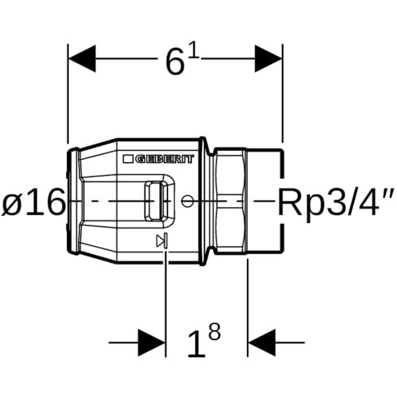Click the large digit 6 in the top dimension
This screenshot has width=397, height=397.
pyautogui.click(x=175, y=62)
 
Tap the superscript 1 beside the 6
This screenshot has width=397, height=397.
pyautogui.click(x=195, y=54)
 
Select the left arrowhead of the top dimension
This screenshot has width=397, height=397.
pyautogui.click(x=82, y=59)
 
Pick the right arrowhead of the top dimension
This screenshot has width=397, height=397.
pyautogui.click(x=268, y=59)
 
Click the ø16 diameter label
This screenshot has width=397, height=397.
pyautogui.click(x=33, y=202)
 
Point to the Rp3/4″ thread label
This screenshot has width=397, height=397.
pyautogui.click(x=337, y=202)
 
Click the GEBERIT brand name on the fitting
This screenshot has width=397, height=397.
pyautogui.click(x=164, y=159)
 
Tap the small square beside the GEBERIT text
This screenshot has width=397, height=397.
pyautogui.click(x=128, y=159)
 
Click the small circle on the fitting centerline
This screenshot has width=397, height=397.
pyautogui.click(x=187, y=201)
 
